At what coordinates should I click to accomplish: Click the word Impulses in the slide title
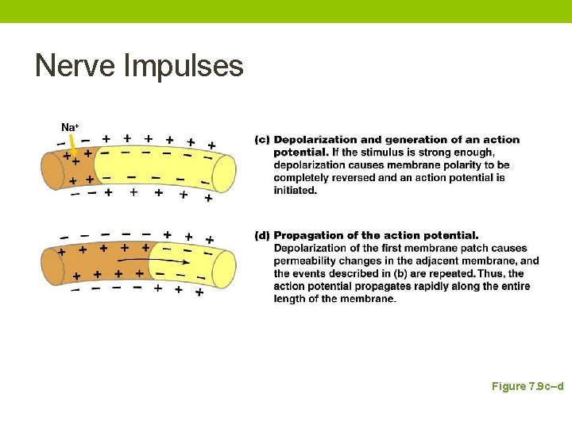[184, 67]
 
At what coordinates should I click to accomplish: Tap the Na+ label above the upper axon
[69, 127]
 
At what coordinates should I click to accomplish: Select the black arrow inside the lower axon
[158, 261]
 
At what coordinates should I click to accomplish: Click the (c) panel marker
[261, 140]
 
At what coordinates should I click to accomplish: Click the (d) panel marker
[261, 235]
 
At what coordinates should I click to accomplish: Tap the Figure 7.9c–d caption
[528, 386]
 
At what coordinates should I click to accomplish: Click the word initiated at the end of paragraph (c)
[296, 191]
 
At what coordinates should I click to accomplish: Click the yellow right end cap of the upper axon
[224, 173]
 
